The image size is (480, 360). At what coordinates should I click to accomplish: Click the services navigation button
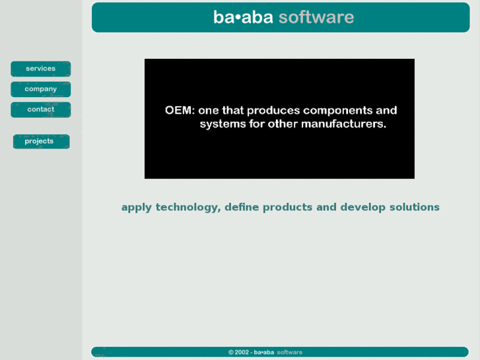[x=40, y=69]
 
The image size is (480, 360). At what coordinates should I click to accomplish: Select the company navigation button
[x=40, y=89]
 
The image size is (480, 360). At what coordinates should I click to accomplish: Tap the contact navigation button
[x=40, y=110]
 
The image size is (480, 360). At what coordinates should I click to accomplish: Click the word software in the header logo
[x=316, y=17]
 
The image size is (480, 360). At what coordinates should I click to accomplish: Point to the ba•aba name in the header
[x=243, y=17]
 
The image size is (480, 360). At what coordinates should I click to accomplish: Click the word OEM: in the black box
[x=179, y=110]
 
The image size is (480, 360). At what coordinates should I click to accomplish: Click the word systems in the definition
[x=223, y=124]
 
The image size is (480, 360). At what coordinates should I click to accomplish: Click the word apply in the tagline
[x=137, y=207]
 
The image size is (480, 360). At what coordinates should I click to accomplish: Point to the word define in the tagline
[x=242, y=207]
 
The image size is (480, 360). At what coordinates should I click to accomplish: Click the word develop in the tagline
[x=363, y=207]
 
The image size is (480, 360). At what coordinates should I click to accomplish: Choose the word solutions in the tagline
[x=415, y=207]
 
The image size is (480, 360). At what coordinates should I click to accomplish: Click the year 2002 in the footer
[x=242, y=353]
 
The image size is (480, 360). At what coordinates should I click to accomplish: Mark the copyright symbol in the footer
[x=231, y=353]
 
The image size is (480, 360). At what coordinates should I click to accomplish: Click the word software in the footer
[x=290, y=353]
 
